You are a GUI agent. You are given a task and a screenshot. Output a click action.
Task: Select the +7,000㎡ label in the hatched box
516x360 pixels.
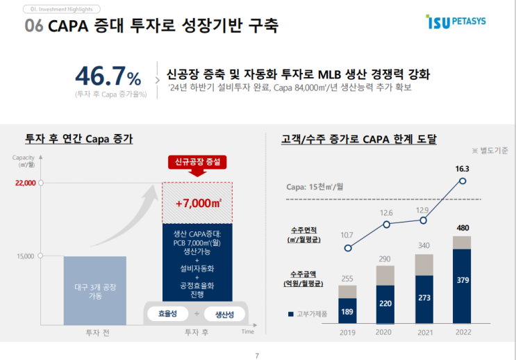[x=198, y=203]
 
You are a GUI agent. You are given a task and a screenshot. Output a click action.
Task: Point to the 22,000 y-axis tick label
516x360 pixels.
[x=24, y=183]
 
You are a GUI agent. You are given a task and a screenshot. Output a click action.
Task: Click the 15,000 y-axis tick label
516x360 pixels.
[x=26, y=256]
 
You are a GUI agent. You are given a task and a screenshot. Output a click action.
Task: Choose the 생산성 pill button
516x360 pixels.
[x=224, y=314]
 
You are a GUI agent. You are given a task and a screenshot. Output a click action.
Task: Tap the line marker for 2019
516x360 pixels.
[x=348, y=248]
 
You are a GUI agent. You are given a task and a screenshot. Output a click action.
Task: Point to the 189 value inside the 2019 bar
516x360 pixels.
[x=347, y=311]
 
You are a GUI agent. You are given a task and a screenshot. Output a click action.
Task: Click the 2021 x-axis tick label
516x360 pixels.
[x=424, y=332]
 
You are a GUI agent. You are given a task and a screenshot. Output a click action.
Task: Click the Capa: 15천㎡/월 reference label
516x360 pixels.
[x=315, y=187]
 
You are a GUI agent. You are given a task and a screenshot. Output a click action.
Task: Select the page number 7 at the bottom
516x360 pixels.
[x=257, y=356]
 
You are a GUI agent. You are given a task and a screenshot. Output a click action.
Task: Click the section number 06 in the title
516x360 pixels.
[x=35, y=26]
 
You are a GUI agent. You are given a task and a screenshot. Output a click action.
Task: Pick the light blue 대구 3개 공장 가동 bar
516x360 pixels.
[x=94, y=291]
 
